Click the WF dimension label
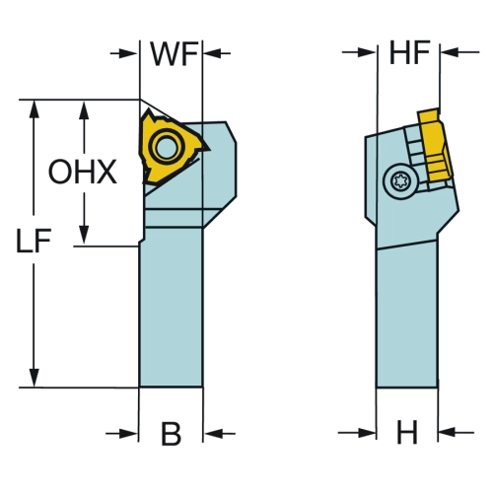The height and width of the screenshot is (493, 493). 175,53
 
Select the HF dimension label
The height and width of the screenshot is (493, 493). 409,52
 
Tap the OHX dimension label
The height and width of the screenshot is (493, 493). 83,172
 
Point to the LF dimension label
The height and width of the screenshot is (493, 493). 34,241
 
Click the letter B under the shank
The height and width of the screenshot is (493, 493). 171,434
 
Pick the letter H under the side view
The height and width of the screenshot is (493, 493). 407,432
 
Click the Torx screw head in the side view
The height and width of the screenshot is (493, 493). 401,181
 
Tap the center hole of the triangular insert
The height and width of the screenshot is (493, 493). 166,147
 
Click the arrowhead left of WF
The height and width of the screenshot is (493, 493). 128,53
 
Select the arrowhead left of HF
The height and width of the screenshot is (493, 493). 367,52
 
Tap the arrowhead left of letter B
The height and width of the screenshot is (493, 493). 128,434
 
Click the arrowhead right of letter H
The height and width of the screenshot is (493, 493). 448,432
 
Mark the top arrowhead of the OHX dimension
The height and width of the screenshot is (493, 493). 85,110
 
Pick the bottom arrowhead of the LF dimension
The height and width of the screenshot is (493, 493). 35,378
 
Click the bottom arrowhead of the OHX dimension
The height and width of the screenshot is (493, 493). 85,235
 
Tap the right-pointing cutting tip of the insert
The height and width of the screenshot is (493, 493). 208,150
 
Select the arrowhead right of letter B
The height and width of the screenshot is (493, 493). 213,434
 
